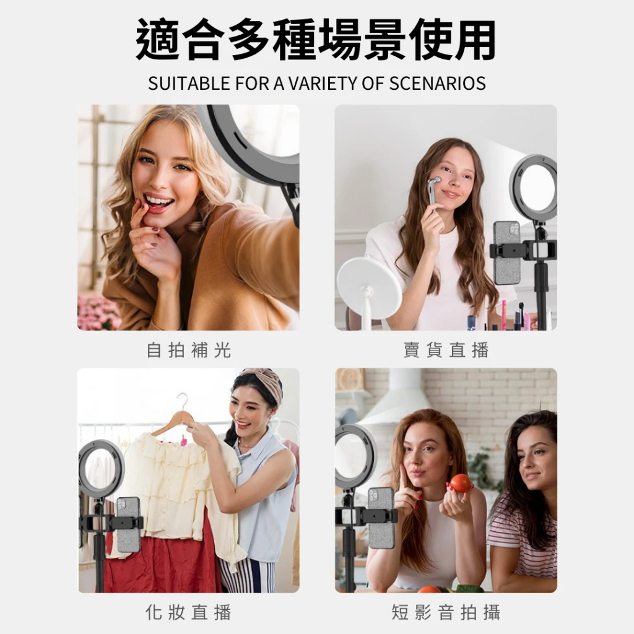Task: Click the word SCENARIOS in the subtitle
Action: tap(437, 84)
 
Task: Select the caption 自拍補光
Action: tap(188, 350)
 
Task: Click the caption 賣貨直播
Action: tap(446, 350)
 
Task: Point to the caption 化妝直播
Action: tap(188, 612)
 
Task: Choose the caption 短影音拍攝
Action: tap(446, 612)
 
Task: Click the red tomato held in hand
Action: tap(461, 483)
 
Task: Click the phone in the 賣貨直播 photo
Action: tap(506, 253)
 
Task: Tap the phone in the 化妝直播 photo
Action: tap(129, 524)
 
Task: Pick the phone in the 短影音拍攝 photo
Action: tap(381, 518)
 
